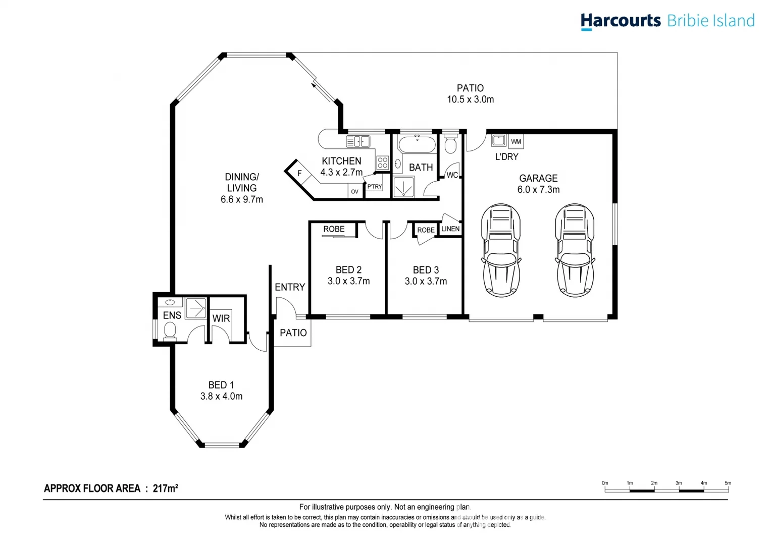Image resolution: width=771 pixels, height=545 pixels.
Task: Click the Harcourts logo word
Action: [x=620, y=21]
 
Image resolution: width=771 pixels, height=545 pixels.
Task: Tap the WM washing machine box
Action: [x=516, y=141]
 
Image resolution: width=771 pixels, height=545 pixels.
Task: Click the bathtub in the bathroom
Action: [x=417, y=145]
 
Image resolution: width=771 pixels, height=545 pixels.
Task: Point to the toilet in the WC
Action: [x=450, y=144]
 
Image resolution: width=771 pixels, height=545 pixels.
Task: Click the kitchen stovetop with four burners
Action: [x=382, y=162]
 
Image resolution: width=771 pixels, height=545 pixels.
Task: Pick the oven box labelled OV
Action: [x=354, y=192]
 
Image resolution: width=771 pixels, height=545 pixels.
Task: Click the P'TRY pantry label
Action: [x=374, y=187]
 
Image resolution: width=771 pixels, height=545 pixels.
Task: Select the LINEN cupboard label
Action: [x=450, y=229]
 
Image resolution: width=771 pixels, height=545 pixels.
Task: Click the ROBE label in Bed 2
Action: [x=334, y=229]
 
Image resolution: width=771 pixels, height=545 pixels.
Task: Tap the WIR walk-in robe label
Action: [x=221, y=318]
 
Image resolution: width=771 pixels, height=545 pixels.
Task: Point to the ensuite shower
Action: [x=196, y=308]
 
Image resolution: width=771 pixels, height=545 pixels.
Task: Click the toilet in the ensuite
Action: [x=170, y=331]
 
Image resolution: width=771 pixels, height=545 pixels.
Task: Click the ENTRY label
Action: [x=290, y=287]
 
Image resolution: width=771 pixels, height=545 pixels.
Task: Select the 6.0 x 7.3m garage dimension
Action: [x=538, y=190]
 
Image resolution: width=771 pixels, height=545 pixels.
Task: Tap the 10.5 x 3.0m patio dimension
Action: [x=470, y=99]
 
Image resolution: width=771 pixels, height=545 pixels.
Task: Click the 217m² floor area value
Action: [x=165, y=488]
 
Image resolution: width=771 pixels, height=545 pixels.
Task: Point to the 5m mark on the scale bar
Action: [x=728, y=483]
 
